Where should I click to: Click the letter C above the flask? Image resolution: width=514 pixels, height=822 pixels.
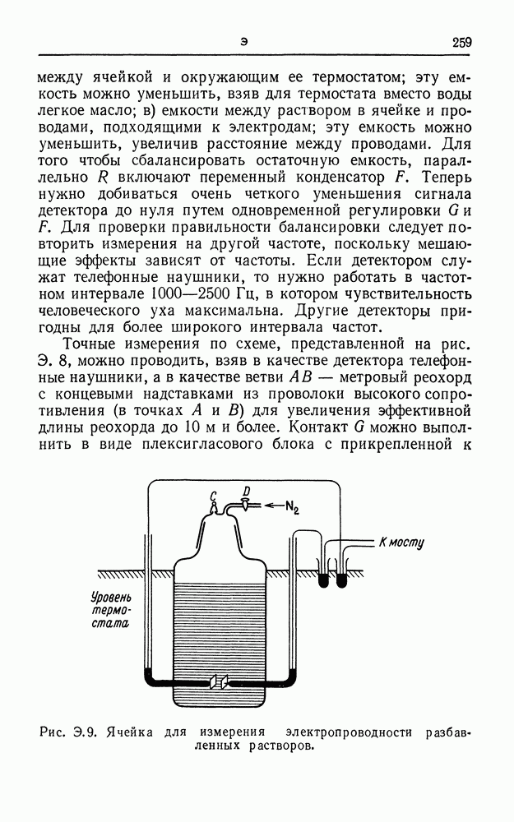pos(214,496)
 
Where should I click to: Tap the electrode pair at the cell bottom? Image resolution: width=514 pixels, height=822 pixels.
pos(220,681)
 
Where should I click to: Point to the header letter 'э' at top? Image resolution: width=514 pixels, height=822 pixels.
pos(244,43)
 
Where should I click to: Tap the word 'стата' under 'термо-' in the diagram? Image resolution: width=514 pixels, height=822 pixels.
pos(110,624)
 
